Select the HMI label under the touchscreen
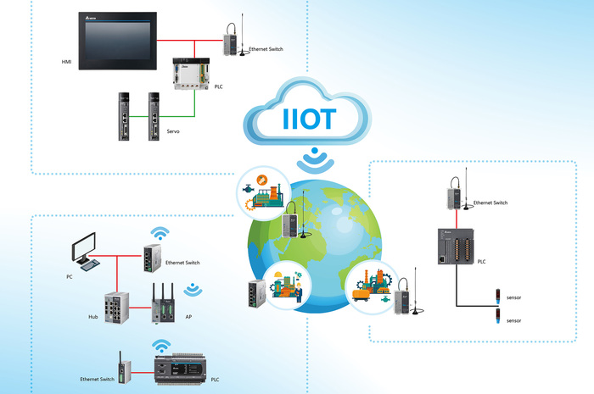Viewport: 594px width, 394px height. point(67,62)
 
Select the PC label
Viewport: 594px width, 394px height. point(70,277)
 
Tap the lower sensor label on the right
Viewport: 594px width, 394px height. point(513,321)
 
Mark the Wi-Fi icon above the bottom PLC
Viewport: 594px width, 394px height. point(160,344)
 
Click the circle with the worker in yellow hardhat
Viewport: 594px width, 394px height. point(287,286)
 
